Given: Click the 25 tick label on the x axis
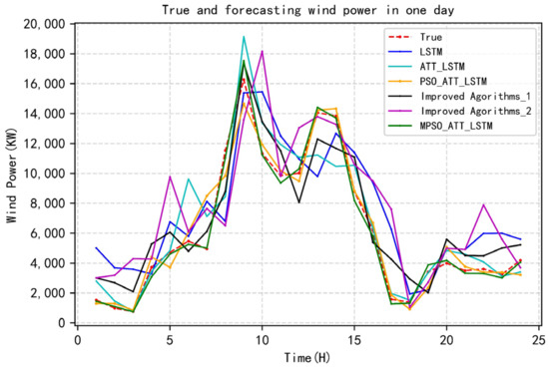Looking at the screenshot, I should coord(538,337).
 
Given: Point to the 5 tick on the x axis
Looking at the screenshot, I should coord(170,337).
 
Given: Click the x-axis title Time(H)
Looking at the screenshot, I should coord(307,356).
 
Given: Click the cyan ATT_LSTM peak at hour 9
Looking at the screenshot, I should coord(244,37).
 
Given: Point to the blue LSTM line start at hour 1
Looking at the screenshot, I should coord(96,247).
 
